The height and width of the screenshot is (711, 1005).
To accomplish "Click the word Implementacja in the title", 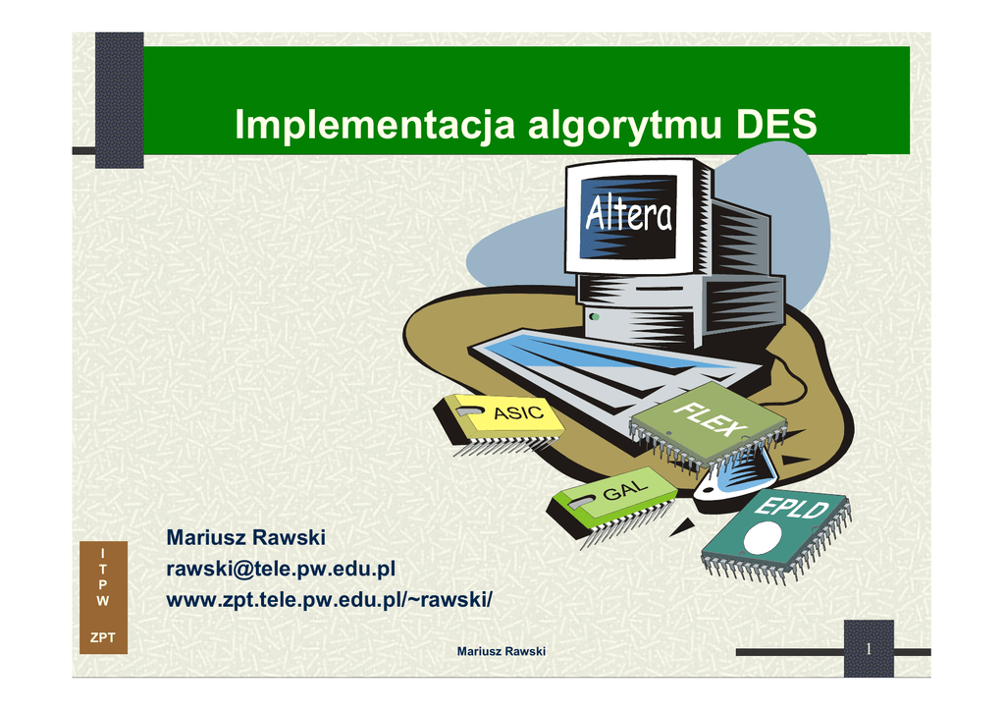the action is point(374,125).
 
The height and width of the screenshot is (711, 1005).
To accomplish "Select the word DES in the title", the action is point(775,125).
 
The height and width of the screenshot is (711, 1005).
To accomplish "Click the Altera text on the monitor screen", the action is point(629,213).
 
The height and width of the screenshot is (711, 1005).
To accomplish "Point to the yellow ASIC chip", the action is point(499,422).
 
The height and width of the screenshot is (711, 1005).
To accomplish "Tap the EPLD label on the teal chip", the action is point(792,507).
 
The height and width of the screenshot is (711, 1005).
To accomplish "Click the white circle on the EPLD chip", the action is point(762,537).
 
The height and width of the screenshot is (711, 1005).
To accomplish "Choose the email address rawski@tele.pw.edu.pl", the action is point(281,569).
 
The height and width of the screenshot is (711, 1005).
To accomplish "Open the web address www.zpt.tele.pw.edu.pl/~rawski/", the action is point(330,599).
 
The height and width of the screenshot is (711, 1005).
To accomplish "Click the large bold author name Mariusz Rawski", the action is point(246,537).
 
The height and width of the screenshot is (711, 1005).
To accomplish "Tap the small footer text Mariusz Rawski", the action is point(502,651).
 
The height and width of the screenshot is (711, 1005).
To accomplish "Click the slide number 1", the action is point(869,649).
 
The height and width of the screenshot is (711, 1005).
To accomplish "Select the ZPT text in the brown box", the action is point(102,637).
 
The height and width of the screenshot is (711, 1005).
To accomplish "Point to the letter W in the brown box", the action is point(102,601).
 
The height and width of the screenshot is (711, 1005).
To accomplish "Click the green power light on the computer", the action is point(595,317).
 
